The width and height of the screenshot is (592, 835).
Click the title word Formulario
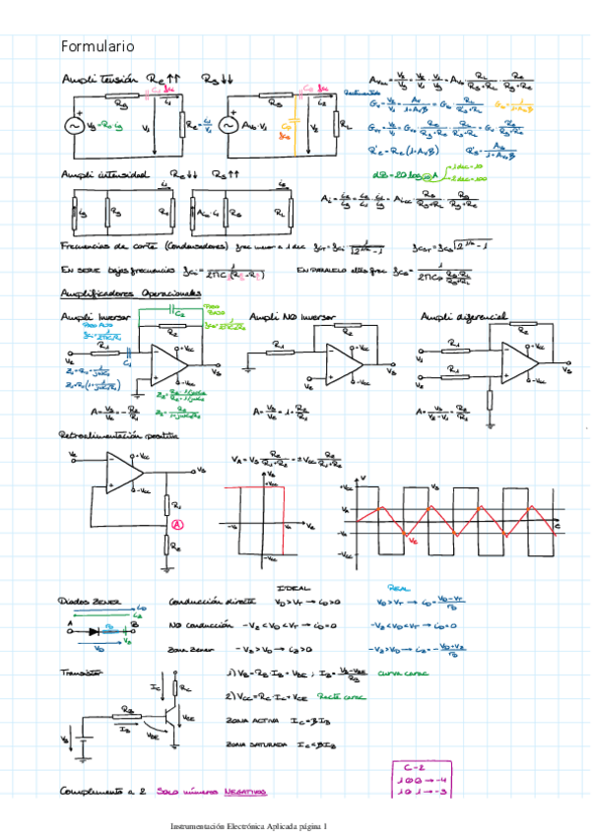click(x=98, y=46)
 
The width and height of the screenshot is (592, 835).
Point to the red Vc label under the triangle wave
click(x=413, y=542)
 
